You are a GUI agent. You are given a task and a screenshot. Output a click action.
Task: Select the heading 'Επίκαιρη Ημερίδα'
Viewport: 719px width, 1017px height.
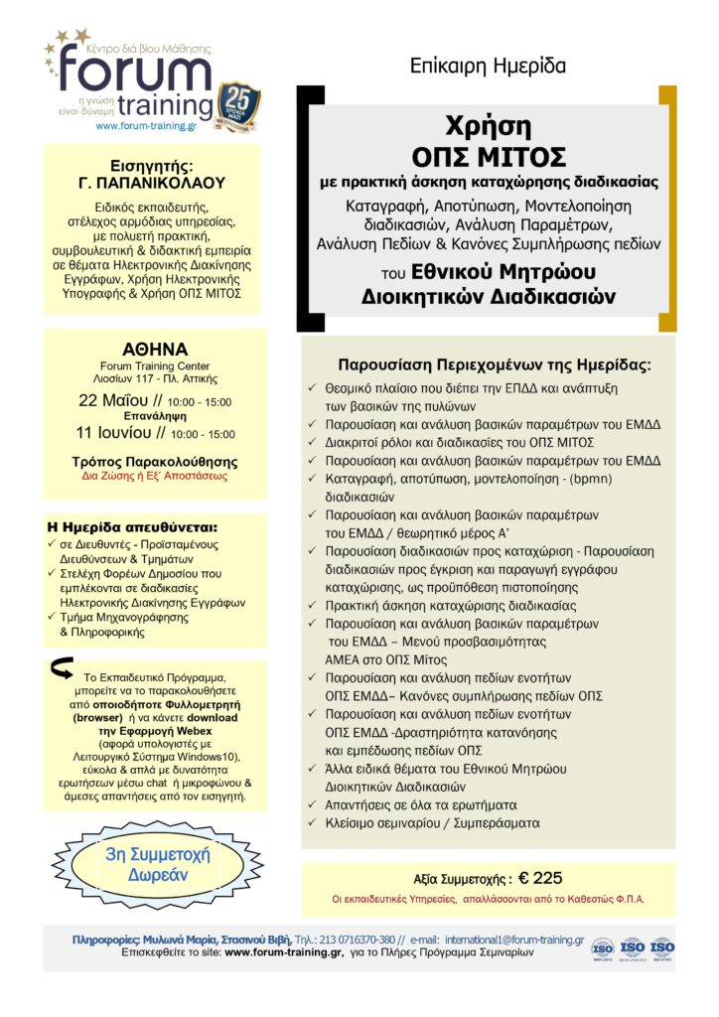[x=488, y=67]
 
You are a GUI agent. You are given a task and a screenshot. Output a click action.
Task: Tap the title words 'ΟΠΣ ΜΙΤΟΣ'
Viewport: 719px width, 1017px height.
[x=489, y=157]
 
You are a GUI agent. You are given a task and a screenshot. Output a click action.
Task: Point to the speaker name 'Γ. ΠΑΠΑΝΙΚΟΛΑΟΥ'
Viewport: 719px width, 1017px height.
[x=152, y=183]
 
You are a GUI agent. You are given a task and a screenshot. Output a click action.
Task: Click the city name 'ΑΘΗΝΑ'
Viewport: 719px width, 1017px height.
[x=153, y=350]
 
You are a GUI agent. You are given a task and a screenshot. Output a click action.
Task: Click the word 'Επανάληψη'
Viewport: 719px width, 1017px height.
[x=153, y=418]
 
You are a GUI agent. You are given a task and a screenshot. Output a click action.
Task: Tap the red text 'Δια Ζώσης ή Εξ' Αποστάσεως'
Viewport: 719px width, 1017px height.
[x=153, y=477]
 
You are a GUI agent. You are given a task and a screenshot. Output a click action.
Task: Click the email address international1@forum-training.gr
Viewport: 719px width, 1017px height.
[x=513, y=939]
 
